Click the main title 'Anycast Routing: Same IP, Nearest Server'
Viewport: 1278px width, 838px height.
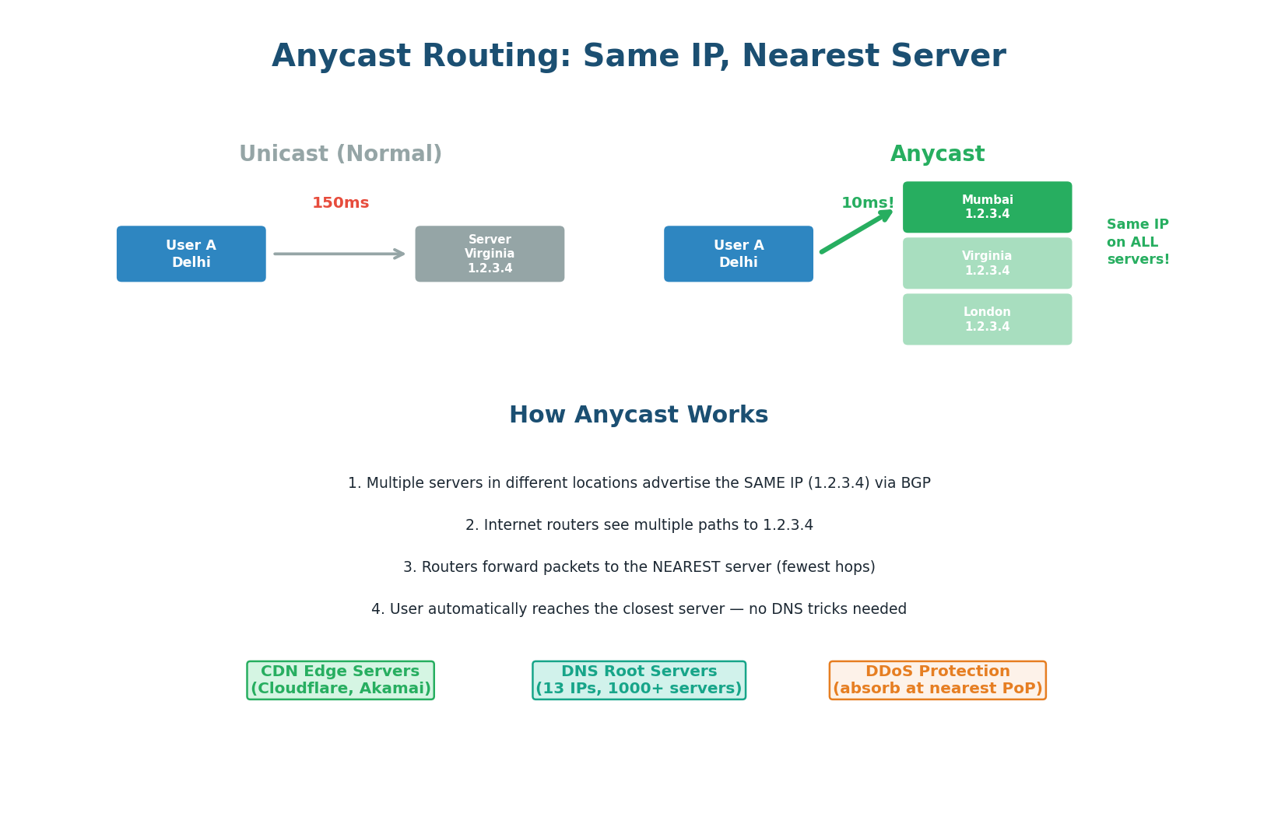tap(638, 57)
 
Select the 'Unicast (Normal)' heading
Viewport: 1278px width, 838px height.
tap(340, 154)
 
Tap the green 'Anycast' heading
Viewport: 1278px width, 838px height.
tap(937, 154)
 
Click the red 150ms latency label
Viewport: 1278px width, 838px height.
tap(340, 203)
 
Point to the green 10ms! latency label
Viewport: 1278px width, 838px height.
tap(867, 203)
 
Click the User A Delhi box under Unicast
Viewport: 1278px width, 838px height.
tap(191, 254)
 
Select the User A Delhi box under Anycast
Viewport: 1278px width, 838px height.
tap(738, 254)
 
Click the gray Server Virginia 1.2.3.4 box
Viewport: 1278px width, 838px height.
tap(490, 254)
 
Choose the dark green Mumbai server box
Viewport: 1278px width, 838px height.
tap(987, 207)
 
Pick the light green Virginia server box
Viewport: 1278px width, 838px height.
tap(987, 263)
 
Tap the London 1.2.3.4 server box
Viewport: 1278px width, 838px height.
tap(987, 319)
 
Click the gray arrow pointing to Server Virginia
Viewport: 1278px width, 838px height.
tap(339, 254)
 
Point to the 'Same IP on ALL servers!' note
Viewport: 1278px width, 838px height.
tap(1137, 242)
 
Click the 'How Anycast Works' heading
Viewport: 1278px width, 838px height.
tap(638, 415)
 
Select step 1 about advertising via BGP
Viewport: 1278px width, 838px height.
tap(638, 483)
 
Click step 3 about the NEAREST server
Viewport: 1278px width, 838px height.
tap(638, 567)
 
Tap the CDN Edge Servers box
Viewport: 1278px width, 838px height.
tap(340, 680)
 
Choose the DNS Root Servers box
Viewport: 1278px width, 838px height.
tap(638, 680)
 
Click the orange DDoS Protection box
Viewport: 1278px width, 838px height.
tap(937, 680)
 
